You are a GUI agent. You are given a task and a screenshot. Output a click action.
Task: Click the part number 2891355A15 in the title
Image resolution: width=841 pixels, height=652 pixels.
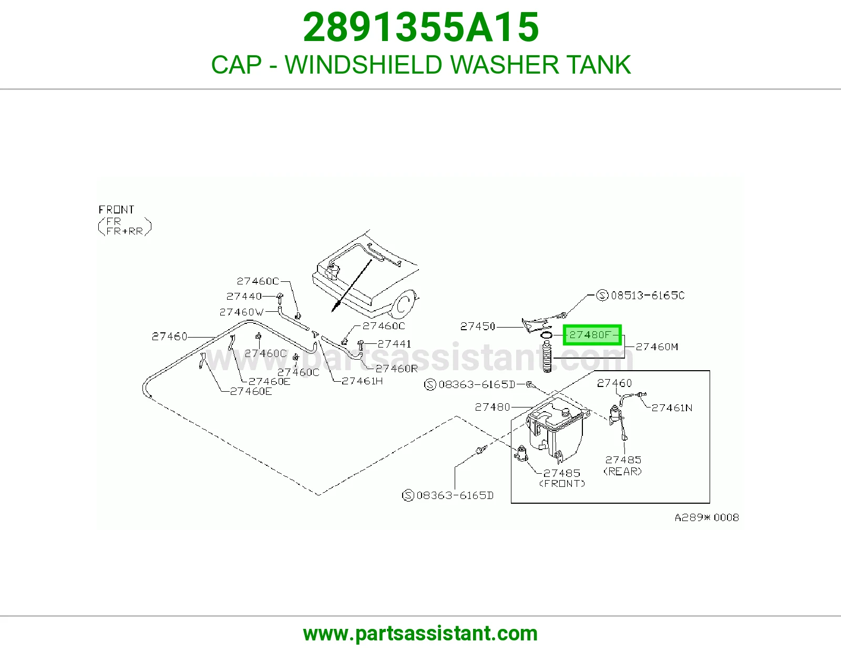click(x=420, y=27)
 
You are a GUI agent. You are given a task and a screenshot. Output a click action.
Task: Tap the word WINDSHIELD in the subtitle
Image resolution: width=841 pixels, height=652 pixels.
click(x=363, y=65)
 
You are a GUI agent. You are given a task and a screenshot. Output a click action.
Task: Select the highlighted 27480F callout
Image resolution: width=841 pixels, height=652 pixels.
click(x=592, y=335)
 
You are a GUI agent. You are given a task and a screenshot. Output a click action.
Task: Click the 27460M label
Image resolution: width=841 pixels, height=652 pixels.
click(x=657, y=347)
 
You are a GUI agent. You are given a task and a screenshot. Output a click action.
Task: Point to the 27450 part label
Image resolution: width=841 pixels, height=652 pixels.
click(x=478, y=327)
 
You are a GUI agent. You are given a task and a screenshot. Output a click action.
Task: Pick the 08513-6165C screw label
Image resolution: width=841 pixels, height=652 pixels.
click(x=648, y=296)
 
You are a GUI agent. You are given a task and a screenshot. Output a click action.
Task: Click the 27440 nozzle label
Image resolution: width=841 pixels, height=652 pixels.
click(x=244, y=296)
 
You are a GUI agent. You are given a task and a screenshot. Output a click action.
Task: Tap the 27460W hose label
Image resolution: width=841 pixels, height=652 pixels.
click(x=241, y=312)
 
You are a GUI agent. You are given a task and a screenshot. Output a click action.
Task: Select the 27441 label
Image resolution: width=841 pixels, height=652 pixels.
click(x=394, y=344)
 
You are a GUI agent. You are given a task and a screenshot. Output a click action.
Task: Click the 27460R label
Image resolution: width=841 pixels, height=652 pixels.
click(x=397, y=369)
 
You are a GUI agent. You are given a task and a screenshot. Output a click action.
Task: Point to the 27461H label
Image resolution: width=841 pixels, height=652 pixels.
click(x=362, y=381)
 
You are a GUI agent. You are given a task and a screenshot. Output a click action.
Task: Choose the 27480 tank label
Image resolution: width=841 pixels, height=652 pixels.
click(x=493, y=407)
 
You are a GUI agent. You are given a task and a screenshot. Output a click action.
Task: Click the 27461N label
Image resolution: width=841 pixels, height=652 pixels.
click(x=672, y=407)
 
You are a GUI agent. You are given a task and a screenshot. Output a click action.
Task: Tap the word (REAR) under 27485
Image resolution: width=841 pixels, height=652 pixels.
click(x=623, y=471)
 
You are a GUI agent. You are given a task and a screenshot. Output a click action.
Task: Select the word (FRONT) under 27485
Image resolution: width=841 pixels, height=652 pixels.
click(x=562, y=484)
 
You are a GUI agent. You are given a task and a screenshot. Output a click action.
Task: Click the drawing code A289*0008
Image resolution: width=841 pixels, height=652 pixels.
click(x=707, y=517)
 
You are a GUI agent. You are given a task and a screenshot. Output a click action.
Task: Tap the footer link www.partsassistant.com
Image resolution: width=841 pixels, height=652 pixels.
click(x=420, y=634)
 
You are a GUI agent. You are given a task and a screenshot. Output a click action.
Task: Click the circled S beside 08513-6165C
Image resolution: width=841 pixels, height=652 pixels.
click(x=602, y=296)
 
